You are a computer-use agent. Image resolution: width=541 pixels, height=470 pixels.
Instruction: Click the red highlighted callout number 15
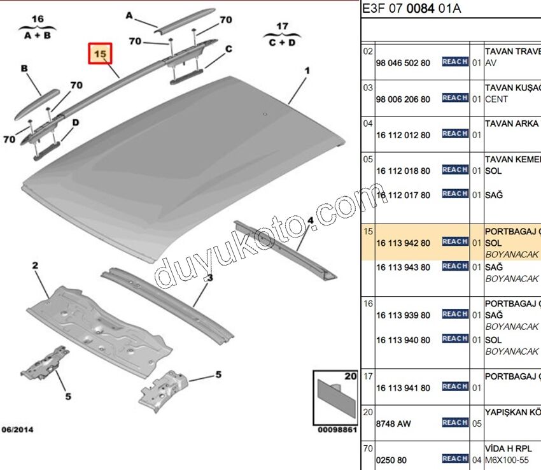[99, 55]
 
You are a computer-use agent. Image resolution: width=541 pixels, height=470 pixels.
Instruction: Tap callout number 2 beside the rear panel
[36, 265]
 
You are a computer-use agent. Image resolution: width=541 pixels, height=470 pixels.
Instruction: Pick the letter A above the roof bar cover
[129, 15]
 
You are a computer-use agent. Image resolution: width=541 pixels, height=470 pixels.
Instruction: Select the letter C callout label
[228, 49]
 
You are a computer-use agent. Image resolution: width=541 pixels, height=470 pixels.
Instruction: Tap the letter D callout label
[75, 122]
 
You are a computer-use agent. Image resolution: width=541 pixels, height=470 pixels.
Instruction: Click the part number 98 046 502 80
[403, 63]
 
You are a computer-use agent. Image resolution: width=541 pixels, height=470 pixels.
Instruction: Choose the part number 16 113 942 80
[403, 243]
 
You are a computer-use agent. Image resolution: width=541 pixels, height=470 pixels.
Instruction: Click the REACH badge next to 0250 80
[455, 459]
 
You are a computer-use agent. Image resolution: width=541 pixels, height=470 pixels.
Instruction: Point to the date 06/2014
[17, 430]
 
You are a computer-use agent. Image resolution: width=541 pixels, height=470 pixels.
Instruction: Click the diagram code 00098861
[336, 430]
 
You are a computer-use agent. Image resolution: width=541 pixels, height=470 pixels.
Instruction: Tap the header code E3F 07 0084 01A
[411, 8]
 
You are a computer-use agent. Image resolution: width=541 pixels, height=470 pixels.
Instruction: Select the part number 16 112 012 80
[403, 135]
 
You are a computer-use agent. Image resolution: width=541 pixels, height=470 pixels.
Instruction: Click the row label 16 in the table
[367, 304]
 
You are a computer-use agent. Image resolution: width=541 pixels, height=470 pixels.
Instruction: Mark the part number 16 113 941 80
[403, 388]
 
